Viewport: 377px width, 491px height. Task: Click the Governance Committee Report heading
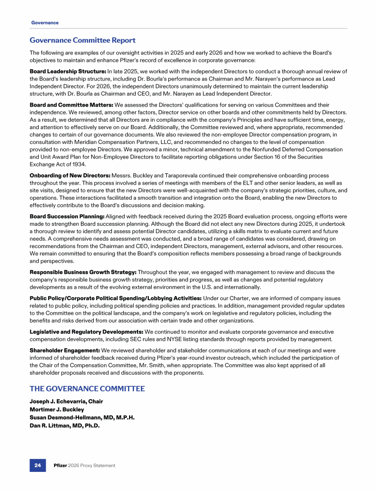(82, 40)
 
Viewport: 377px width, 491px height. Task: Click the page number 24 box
(37, 465)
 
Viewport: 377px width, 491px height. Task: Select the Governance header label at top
(45, 23)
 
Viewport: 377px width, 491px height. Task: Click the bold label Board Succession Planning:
(67, 216)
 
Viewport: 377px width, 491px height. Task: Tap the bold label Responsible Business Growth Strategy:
(83, 272)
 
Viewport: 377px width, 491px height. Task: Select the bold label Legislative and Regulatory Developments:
(86, 331)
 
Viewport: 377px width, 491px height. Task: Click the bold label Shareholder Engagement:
(64, 351)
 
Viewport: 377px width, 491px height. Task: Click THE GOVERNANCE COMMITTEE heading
(87, 389)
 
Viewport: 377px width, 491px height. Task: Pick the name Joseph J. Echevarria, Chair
(68, 402)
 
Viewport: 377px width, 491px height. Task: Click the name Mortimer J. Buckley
(56, 409)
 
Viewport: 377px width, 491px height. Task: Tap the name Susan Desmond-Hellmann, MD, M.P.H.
(82, 417)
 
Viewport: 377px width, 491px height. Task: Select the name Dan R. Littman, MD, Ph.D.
(65, 426)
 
